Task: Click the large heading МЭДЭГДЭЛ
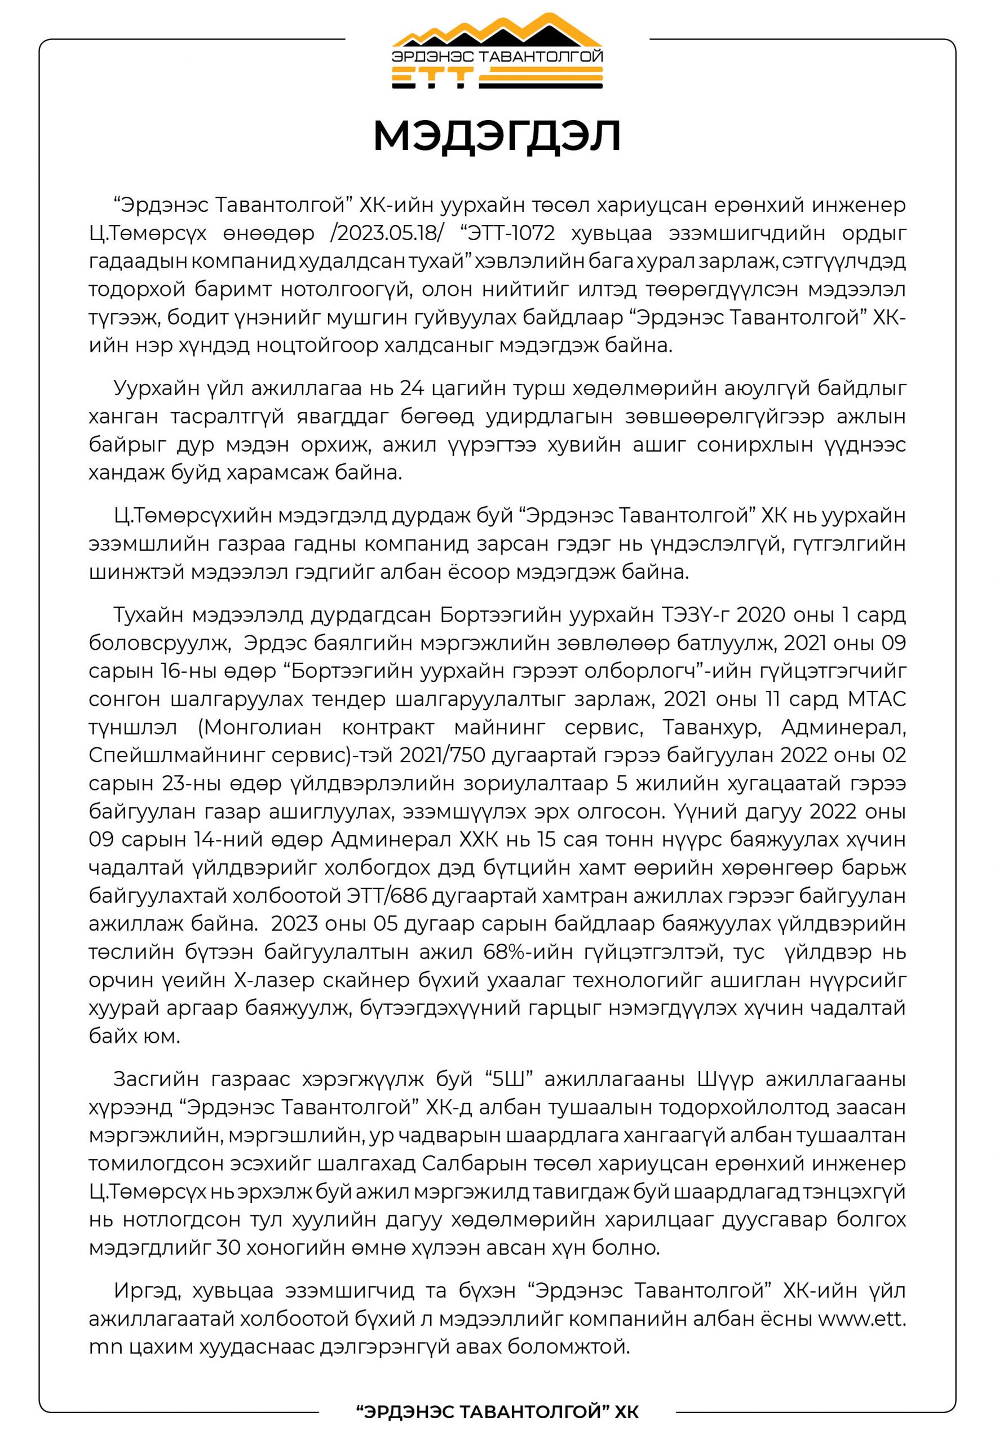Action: [497, 136]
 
